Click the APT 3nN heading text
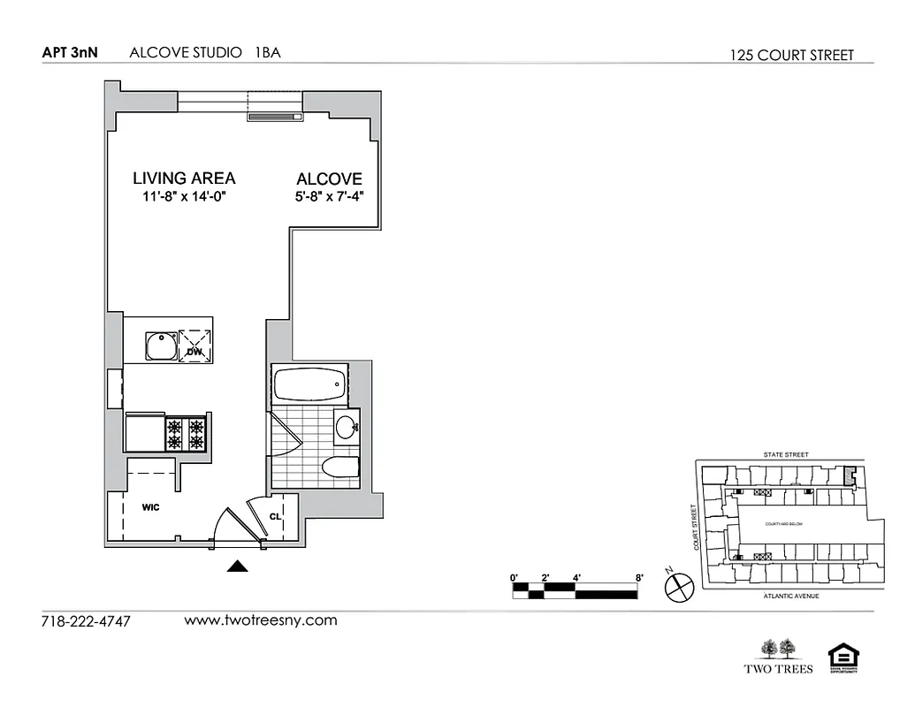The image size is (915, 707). coord(70,53)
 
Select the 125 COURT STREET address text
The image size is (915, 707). coord(791,55)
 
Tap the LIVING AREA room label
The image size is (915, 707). coord(184,178)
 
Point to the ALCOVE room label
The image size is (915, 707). coord(329,179)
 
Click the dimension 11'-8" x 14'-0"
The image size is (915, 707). coord(184,197)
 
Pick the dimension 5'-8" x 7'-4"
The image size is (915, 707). coord(330,197)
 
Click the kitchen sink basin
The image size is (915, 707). coord(160,345)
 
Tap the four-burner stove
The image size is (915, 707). coord(187,433)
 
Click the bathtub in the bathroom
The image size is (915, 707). coord(309,385)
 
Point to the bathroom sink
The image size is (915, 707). coord(347,427)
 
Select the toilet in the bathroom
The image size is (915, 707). coord(340,468)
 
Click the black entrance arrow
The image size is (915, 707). coord(238,567)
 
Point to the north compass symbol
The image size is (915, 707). coord(678,584)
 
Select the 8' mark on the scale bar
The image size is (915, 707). coord(638,578)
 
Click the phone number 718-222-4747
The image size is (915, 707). coord(86,621)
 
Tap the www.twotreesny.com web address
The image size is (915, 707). coord(261,620)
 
